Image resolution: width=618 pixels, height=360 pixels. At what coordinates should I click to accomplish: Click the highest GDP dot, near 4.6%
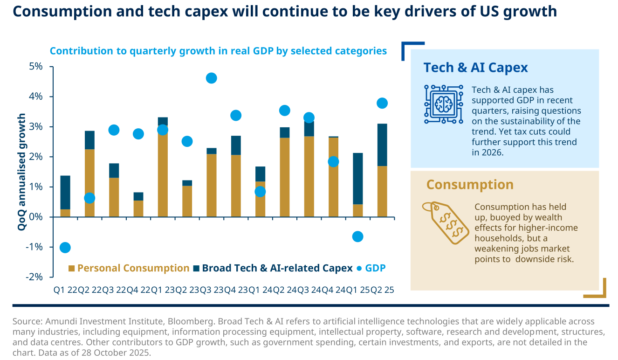click(211, 78)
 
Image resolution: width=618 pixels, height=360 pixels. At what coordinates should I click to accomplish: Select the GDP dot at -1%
click(65, 247)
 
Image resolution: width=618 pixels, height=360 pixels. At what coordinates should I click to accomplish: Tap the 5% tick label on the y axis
click(36, 66)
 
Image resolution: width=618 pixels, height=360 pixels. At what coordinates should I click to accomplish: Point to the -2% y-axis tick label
click(34, 277)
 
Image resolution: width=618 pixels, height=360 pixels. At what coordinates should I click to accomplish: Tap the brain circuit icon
click(443, 104)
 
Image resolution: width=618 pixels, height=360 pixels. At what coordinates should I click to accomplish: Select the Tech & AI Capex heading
click(475, 68)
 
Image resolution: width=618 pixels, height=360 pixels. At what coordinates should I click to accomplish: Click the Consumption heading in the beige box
click(470, 185)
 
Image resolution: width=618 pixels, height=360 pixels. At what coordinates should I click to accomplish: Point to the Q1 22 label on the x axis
click(65, 290)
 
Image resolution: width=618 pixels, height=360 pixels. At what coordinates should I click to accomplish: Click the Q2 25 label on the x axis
click(382, 290)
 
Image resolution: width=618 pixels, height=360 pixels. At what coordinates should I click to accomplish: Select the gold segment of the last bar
click(382, 191)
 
